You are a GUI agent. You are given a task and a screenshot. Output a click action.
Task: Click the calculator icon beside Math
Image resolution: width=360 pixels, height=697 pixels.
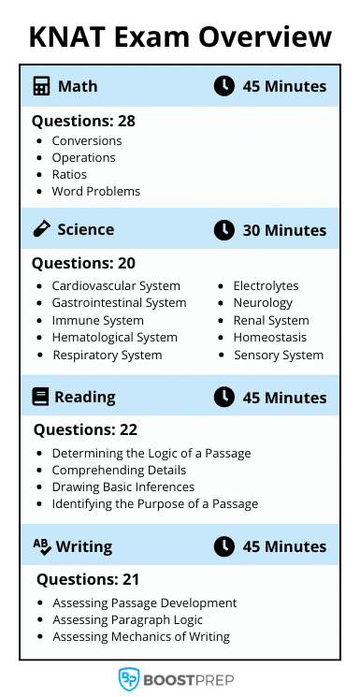(41, 86)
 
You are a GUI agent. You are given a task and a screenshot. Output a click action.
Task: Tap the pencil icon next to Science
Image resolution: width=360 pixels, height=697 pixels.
(41, 229)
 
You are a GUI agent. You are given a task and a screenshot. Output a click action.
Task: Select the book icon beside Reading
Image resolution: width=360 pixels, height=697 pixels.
(40, 397)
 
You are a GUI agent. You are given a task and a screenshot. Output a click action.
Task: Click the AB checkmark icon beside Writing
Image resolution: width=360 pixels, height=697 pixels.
(42, 545)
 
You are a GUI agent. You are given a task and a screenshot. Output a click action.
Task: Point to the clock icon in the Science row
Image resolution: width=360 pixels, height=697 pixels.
(223, 229)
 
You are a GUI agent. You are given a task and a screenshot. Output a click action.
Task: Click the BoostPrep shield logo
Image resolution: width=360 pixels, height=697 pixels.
(129, 678)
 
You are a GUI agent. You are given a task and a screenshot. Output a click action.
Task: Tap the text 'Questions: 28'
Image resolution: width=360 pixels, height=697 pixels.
(83, 121)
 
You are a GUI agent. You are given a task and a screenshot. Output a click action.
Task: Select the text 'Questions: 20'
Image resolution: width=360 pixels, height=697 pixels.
(83, 263)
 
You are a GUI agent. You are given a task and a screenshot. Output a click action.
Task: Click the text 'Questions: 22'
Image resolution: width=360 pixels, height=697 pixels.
(85, 430)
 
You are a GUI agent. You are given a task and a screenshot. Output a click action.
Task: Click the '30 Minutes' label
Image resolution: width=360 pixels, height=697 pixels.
(284, 230)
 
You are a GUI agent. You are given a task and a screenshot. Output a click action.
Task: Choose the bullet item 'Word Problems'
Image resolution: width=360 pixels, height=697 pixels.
(95, 191)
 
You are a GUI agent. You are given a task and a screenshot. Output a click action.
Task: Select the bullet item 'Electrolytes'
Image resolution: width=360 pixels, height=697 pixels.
(266, 285)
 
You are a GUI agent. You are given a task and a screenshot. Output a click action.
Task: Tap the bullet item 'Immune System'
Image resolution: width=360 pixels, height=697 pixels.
(97, 320)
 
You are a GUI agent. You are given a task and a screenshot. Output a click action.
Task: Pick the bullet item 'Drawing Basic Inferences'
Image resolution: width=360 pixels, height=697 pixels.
(122, 486)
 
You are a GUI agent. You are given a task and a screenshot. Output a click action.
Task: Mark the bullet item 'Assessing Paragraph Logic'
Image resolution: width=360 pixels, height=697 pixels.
(127, 619)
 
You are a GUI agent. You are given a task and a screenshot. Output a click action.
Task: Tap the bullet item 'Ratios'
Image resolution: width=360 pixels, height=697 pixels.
(69, 174)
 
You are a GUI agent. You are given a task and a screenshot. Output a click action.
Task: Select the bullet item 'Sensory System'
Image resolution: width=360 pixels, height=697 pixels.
(278, 355)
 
